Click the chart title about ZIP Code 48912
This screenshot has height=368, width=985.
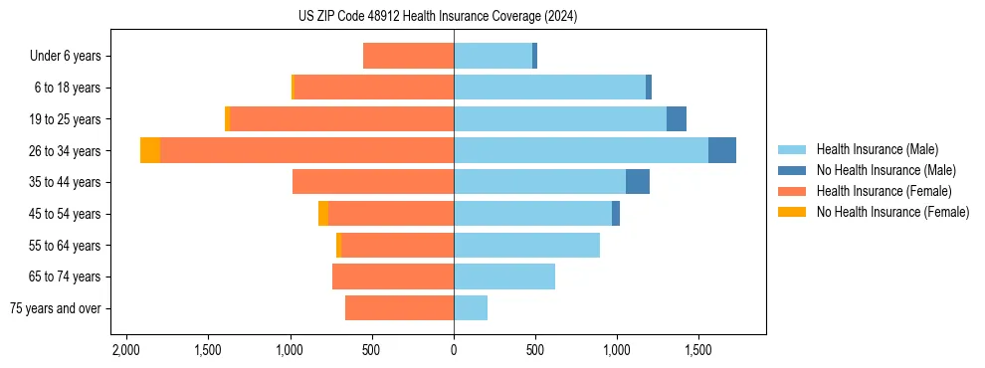point(438,17)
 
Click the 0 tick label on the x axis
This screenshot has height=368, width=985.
point(454,350)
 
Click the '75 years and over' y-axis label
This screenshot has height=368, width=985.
point(56,308)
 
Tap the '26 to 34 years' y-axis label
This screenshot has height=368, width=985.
point(67,150)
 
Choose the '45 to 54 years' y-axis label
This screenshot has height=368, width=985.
point(67,214)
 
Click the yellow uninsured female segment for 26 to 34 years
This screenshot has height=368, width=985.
point(150,150)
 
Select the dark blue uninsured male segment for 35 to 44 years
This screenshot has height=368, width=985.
point(638,182)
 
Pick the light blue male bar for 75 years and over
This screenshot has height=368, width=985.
point(471,308)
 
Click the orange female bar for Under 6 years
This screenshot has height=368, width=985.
point(408,56)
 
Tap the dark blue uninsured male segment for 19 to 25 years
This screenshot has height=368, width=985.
point(677,118)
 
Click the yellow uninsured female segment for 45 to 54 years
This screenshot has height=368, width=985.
point(323,214)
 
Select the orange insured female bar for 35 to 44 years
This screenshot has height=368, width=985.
point(373,182)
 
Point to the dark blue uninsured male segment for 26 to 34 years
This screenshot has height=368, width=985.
point(722,150)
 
